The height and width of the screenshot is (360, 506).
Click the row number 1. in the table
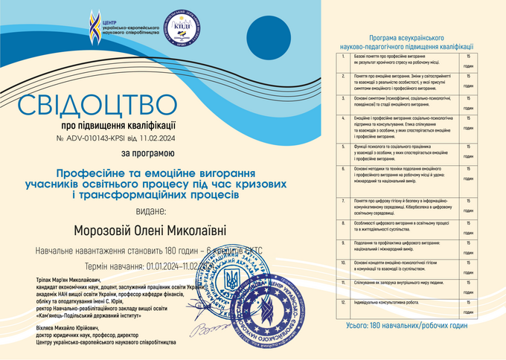342,57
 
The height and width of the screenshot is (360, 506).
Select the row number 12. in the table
342,303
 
